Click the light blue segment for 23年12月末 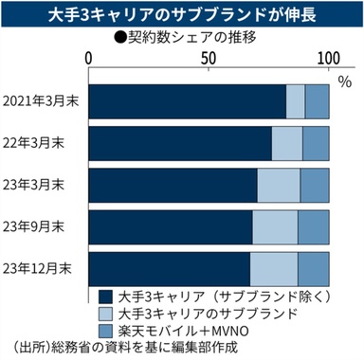(273, 267)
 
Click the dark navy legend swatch (103, 296)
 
